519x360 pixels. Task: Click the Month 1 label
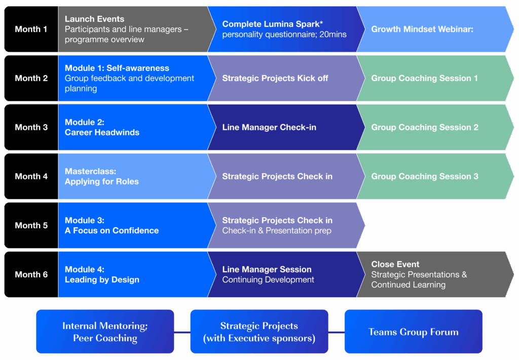pos(31,29)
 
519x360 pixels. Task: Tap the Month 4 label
pos(31,176)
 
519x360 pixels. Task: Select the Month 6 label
pos(31,274)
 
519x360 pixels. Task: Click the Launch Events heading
pos(94,19)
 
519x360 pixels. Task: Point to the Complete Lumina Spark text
pos(272,24)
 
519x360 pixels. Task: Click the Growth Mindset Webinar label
pos(422,29)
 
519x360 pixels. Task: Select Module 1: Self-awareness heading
pos(117,68)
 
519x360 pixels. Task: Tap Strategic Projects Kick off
pos(275,78)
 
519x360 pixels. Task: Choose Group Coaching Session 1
pos(424,78)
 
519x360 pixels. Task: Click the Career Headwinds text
pos(102,132)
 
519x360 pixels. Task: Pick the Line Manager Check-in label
pos(269,127)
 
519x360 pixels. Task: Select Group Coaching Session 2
pos(425,127)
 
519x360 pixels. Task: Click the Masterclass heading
pos(90,171)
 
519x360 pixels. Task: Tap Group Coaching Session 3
pos(425,176)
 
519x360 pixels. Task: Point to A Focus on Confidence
pos(112,230)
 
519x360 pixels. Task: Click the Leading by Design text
pos(102,279)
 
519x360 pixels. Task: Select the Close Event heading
pos(395,264)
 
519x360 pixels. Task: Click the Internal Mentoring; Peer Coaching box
pos(105,332)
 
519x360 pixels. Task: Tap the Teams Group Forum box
pos(414,332)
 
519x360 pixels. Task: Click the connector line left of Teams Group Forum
pos(337,332)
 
